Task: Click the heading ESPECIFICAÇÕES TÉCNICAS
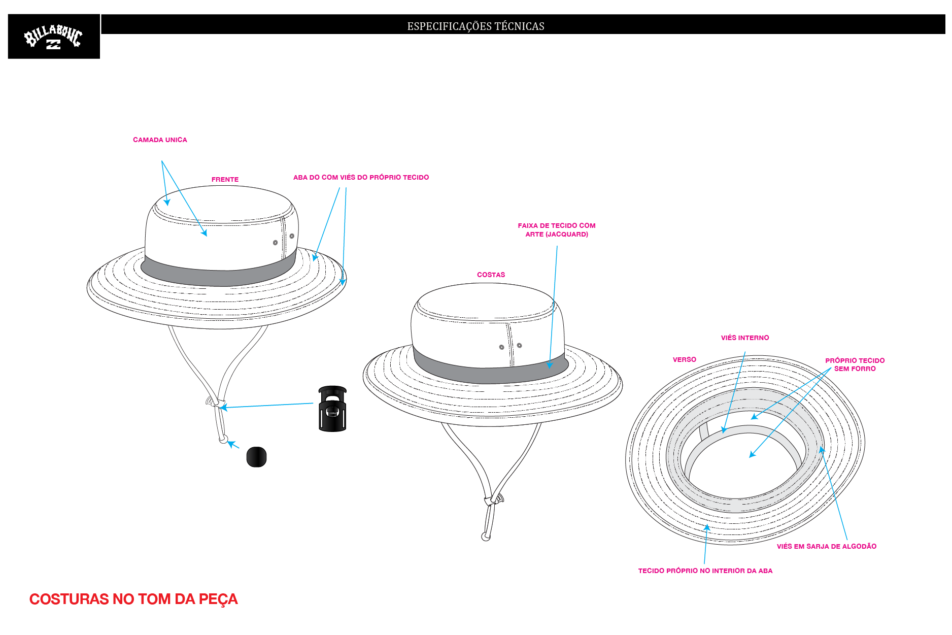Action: tap(475, 26)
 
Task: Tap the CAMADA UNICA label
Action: tap(160, 140)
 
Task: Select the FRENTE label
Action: tap(225, 179)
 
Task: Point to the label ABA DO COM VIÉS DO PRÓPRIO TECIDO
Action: tap(361, 177)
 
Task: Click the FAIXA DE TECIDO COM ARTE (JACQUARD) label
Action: tap(557, 230)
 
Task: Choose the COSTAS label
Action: tap(491, 275)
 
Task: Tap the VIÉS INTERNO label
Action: tap(745, 338)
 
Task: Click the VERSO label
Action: tap(685, 359)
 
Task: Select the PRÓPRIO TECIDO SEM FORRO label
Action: tap(855, 364)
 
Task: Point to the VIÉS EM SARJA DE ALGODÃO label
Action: tap(827, 546)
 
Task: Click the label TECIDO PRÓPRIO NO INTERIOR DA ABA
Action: tap(705, 571)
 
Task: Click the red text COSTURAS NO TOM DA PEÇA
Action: tap(133, 599)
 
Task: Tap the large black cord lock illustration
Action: tap(332, 409)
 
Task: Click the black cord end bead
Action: tap(256, 457)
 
